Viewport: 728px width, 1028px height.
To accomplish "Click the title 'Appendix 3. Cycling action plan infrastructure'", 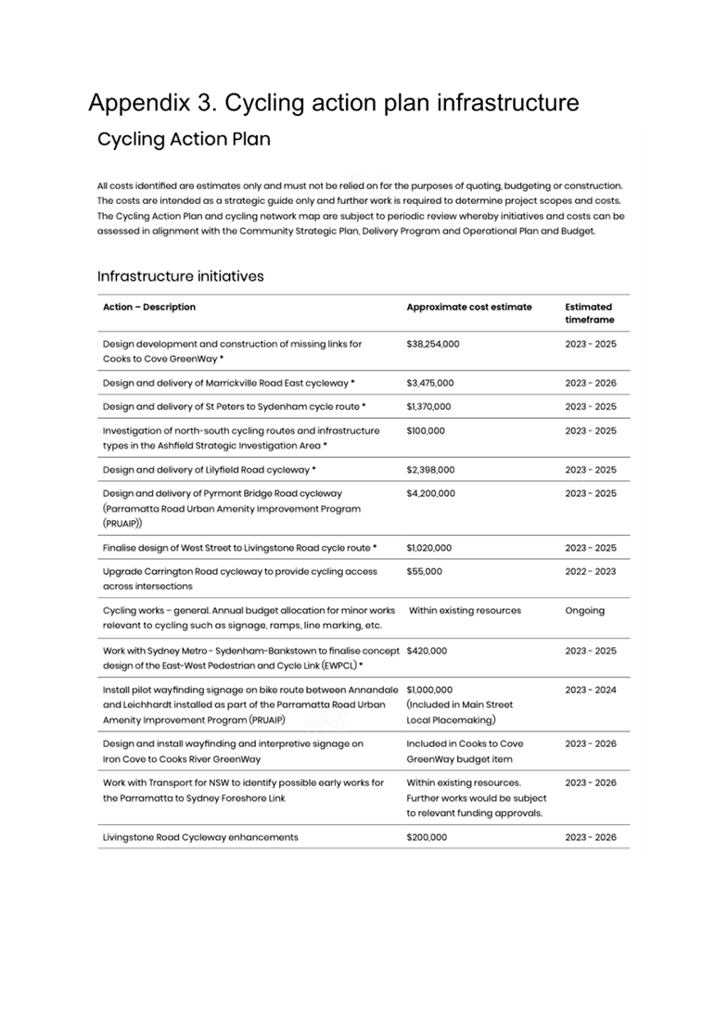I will point(334,102).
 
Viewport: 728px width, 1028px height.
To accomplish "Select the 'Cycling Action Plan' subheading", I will point(184,140).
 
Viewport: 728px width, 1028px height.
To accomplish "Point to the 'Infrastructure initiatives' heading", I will point(181,276).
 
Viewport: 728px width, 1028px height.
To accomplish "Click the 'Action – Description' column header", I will point(149,307).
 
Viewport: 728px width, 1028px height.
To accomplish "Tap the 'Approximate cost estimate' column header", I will point(469,307).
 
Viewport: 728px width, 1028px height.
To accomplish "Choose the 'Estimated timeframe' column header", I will point(589,313).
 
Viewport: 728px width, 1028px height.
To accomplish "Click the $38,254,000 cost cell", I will point(432,344).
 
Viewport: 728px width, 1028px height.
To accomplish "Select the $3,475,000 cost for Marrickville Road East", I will point(430,383).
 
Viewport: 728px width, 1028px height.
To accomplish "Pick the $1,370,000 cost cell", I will point(428,407).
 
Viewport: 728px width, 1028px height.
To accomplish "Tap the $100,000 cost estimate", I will point(426,431).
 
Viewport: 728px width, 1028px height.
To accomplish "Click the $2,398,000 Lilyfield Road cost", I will point(430,470).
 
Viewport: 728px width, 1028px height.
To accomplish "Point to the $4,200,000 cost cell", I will point(430,494).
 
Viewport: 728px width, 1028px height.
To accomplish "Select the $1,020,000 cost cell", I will point(428,548).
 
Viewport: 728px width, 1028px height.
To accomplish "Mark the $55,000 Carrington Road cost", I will point(424,572).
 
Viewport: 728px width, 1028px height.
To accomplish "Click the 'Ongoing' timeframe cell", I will point(584,611).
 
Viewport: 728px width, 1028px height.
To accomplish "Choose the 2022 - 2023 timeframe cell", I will point(590,572).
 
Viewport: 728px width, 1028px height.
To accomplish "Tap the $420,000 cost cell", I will point(427,651).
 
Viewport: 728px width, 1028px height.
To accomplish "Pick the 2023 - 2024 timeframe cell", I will point(590,691).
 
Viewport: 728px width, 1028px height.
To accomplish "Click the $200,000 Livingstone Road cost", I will point(427,838).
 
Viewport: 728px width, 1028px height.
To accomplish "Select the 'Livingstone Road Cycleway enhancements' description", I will point(200,838).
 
